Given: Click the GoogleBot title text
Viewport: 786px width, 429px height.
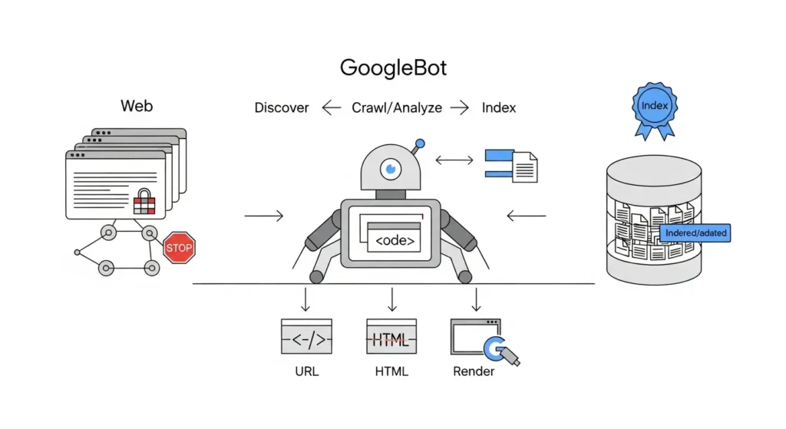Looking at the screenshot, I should pyautogui.click(x=393, y=68).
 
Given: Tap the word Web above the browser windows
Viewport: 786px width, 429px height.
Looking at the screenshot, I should pyautogui.click(x=137, y=106).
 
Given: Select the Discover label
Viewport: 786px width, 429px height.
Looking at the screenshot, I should pyautogui.click(x=282, y=108).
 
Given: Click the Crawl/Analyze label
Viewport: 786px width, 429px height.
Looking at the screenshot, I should pyautogui.click(x=396, y=108).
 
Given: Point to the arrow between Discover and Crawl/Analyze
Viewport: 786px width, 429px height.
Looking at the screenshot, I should pyautogui.click(x=332, y=108).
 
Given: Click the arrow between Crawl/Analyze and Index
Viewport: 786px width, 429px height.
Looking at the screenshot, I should pyautogui.click(x=459, y=108).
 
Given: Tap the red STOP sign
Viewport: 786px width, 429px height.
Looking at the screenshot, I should pyautogui.click(x=179, y=248).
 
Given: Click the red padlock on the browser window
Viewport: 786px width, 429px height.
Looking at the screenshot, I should pyautogui.click(x=144, y=202).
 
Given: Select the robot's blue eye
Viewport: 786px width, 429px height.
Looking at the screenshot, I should pyautogui.click(x=391, y=167).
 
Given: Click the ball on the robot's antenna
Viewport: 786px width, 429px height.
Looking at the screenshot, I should pyautogui.click(x=419, y=143).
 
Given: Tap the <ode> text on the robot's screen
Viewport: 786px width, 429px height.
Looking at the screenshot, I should pyautogui.click(x=394, y=241).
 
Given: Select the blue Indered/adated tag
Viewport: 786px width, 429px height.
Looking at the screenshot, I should pyautogui.click(x=695, y=233).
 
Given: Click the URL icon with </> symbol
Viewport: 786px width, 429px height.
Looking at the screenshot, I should pyautogui.click(x=306, y=337).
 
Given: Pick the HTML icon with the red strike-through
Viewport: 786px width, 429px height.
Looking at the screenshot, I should pyautogui.click(x=391, y=337).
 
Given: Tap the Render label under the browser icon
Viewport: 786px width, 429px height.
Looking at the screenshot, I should pyautogui.click(x=474, y=371).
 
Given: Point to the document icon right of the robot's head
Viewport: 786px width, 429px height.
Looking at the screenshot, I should pyautogui.click(x=524, y=167).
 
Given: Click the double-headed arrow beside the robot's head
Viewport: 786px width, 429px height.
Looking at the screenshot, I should pyautogui.click(x=454, y=161).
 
